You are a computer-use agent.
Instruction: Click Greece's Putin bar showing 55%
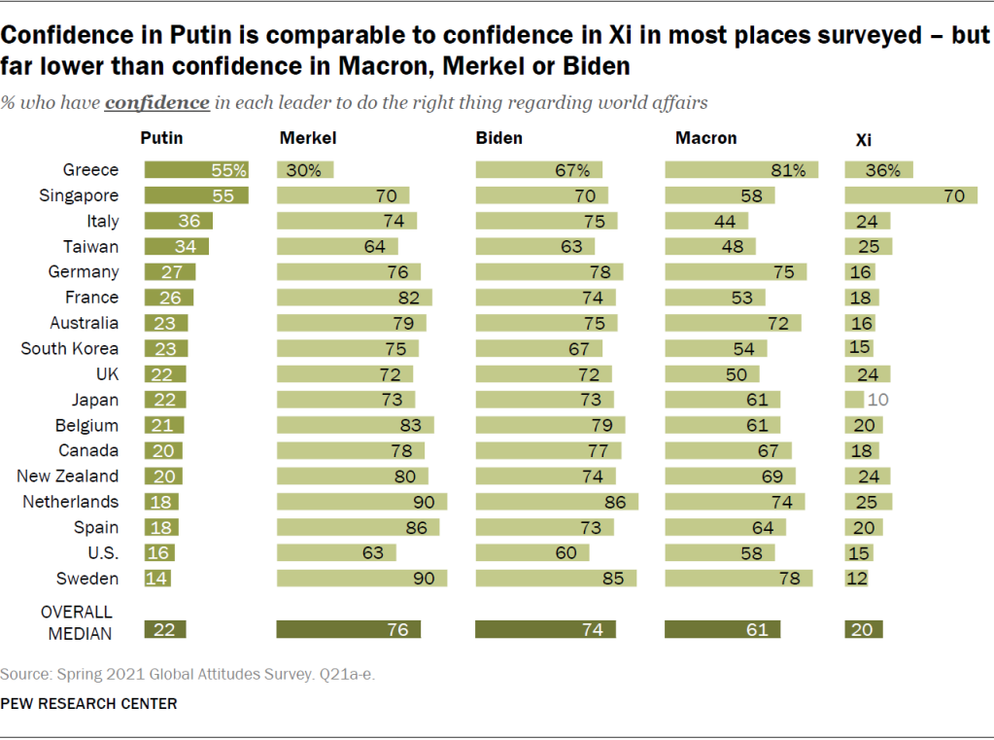coord(196,170)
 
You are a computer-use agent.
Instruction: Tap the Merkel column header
coord(308,138)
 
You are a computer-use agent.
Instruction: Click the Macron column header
coord(705,138)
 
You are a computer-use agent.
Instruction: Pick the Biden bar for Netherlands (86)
coord(556,502)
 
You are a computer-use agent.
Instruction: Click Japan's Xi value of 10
coord(878,400)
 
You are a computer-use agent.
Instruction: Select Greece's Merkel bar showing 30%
coord(304,170)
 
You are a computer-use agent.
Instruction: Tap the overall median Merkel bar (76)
coord(348,630)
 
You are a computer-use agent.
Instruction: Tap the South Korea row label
coord(70,348)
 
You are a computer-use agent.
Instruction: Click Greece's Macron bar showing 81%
coord(740,170)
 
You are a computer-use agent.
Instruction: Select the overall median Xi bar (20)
coord(864,630)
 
